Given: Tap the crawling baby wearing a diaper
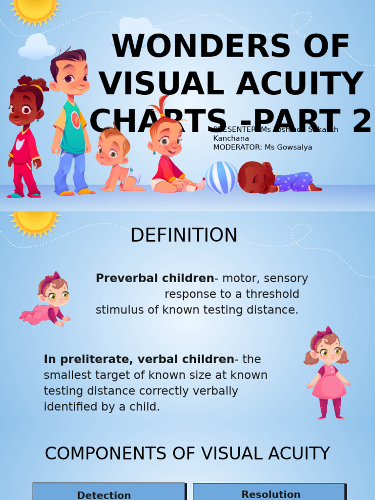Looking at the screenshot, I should [117, 161].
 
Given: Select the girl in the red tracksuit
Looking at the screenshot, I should [24, 139].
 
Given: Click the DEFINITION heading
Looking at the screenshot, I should [184, 235].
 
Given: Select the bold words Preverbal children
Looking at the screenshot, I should [155, 278].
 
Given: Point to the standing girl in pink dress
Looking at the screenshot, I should [328, 374].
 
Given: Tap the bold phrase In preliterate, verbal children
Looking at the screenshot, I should [139, 359].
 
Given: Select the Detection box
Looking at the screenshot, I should [108, 492].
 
